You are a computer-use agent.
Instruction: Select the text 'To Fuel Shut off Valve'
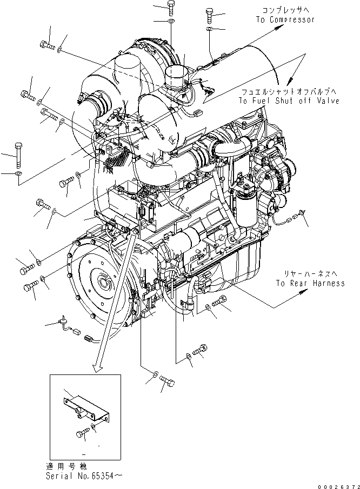(x=290, y=101)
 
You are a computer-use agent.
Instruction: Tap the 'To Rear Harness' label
(x=309, y=283)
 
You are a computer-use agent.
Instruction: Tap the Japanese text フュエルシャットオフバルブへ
(x=290, y=92)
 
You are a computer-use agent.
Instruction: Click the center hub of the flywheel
(x=103, y=284)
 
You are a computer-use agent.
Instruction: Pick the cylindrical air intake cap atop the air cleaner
(x=175, y=78)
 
